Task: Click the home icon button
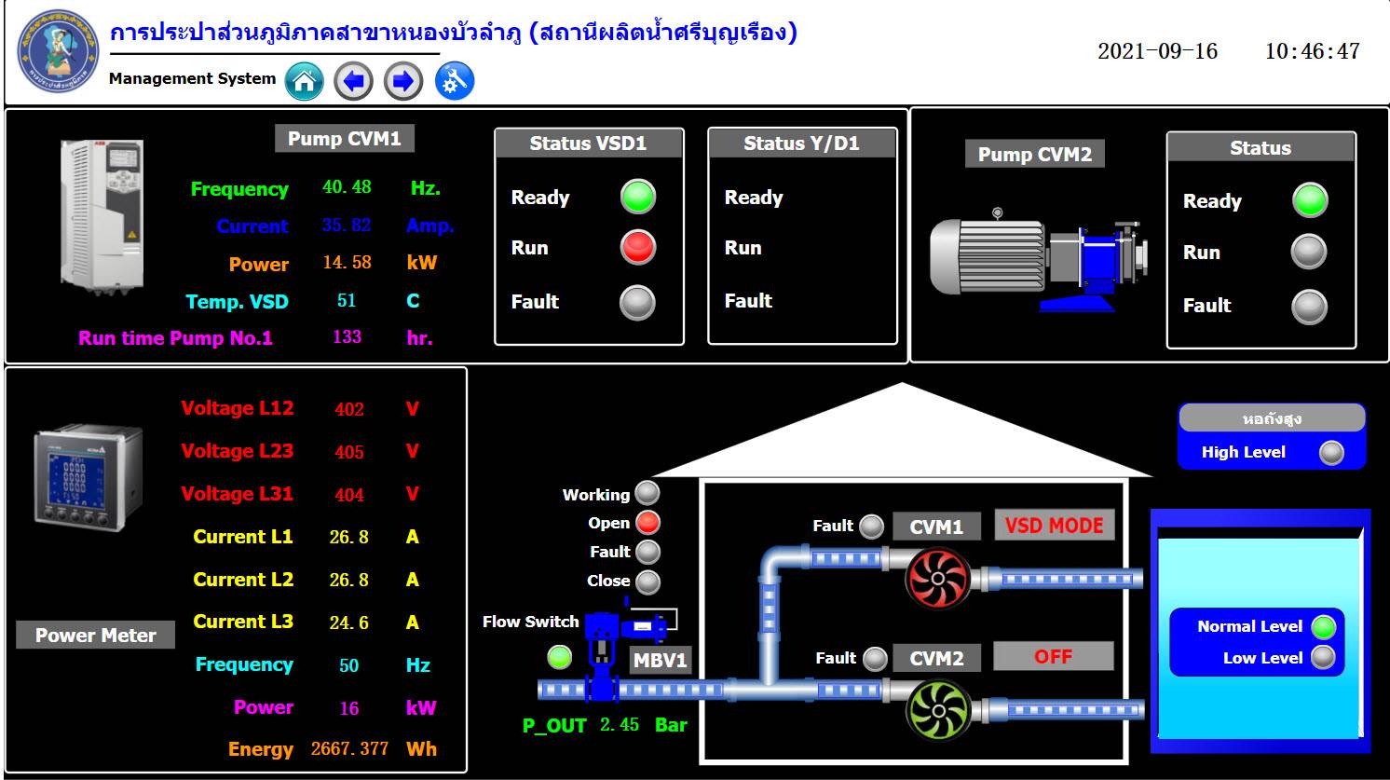pos(304,81)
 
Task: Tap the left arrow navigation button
pos(354,81)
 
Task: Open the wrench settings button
pos(455,81)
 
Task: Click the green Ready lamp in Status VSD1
pos(638,197)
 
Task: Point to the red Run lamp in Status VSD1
pos(638,248)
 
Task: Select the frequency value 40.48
pos(347,186)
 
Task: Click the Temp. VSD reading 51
pos(347,301)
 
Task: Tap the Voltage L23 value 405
pos(349,452)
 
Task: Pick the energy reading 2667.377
pos(349,748)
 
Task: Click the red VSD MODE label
pos(1055,526)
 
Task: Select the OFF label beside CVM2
pos(1054,656)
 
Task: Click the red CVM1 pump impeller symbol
pos(937,579)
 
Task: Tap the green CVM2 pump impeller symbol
pos(937,710)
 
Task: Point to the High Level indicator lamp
pos(1331,452)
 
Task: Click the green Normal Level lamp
pos(1323,627)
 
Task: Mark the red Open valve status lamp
pos(647,523)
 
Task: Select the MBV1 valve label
pos(660,660)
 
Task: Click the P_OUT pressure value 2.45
pos(620,724)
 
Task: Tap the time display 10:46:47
pos(1313,51)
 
